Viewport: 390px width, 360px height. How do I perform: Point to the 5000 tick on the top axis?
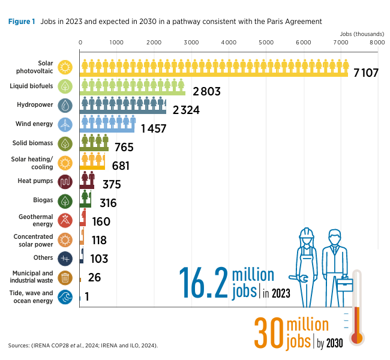pos(266,43)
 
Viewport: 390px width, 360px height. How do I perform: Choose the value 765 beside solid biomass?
pos(123,147)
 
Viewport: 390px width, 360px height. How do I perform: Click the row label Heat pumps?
pos(39,181)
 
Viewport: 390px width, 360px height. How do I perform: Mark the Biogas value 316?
pos(104,203)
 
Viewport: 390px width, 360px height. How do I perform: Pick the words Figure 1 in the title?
pos(22,21)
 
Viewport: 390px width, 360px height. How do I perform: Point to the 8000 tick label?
pos(377,43)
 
